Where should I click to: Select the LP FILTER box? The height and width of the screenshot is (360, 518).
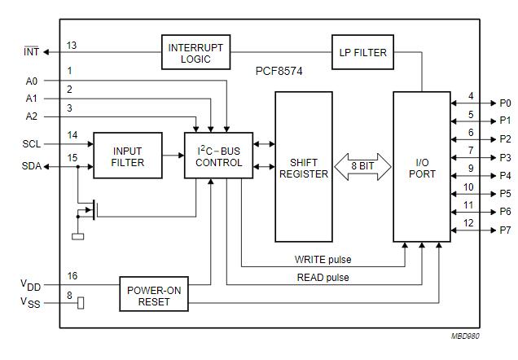(362, 52)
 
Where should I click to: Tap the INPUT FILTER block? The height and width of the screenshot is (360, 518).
(128, 156)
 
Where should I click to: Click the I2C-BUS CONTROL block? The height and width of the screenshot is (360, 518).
(218, 156)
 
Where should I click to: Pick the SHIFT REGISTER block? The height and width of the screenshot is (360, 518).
(303, 167)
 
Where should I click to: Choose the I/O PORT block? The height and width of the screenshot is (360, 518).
(421, 167)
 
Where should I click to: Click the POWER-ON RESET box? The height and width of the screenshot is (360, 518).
(153, 294)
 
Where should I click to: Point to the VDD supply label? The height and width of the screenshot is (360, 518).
(30, 285)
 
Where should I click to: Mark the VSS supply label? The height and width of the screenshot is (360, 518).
(30, 304)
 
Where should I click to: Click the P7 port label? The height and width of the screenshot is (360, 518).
(505, 230)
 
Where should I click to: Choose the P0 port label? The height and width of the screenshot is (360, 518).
(505, 103)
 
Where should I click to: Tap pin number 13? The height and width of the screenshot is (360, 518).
(72, 46)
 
